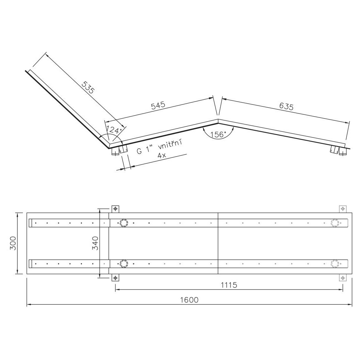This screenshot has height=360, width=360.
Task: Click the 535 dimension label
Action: (88, 87)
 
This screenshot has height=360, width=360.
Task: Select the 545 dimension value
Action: (158, 105)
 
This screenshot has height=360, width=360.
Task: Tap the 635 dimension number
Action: (286, 106)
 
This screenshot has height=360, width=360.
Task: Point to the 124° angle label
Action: (114, 130)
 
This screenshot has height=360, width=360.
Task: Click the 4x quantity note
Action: (162, 156)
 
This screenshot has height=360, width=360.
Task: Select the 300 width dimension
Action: (13, 243)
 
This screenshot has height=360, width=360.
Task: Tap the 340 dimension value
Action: (95, 243)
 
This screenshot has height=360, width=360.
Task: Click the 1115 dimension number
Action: (229, 285)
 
